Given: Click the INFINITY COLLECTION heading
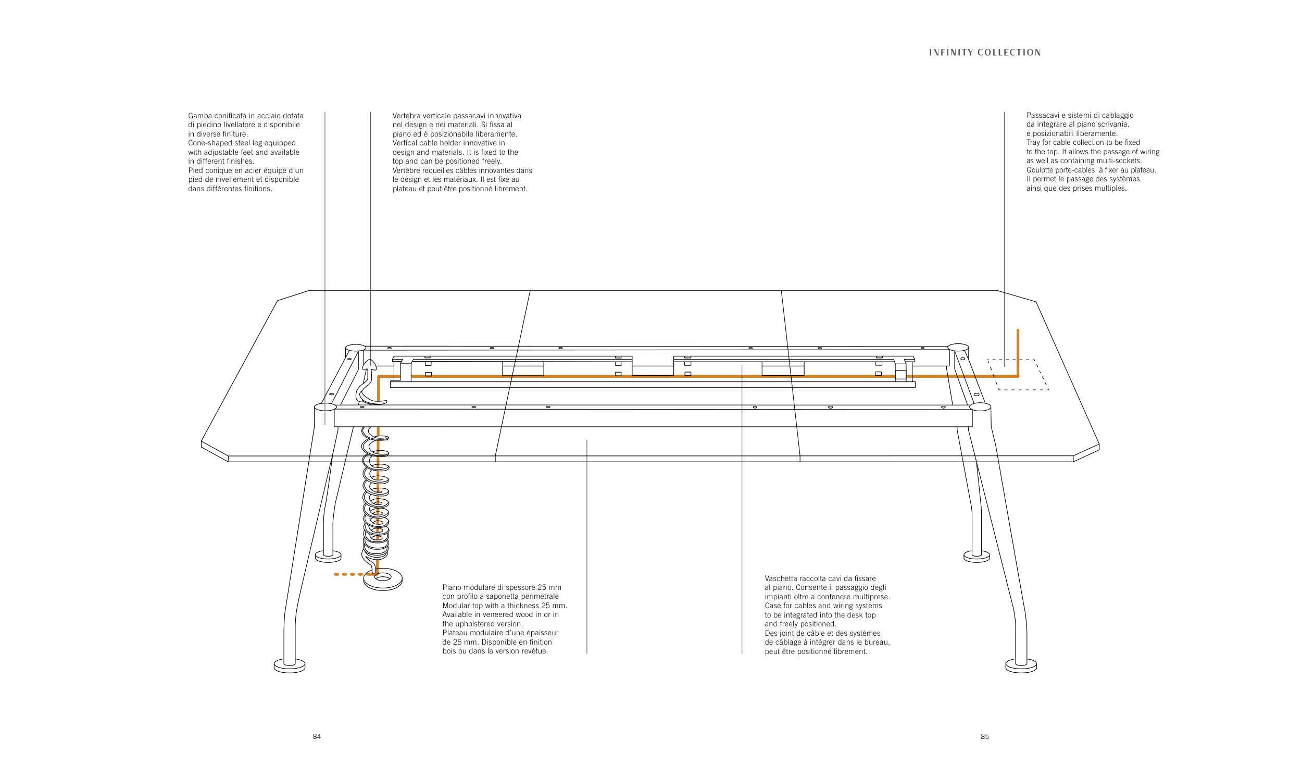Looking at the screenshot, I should point(984,53).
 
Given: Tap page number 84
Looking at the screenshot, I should point(317,736).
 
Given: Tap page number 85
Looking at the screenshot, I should point(984,736).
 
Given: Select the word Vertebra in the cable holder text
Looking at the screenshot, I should point(407,116).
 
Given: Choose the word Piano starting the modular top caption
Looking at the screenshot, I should point(452,587).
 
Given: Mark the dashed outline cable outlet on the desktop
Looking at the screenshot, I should point(1018,375).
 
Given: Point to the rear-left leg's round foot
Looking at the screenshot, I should point(328,556).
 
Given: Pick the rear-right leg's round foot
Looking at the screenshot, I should point(977,556).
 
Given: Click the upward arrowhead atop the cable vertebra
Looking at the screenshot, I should point(369,365).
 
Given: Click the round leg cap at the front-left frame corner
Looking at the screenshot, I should point(325,406).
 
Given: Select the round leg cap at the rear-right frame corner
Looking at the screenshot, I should point(958,347).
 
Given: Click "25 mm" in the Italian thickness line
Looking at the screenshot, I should point(549,587).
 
